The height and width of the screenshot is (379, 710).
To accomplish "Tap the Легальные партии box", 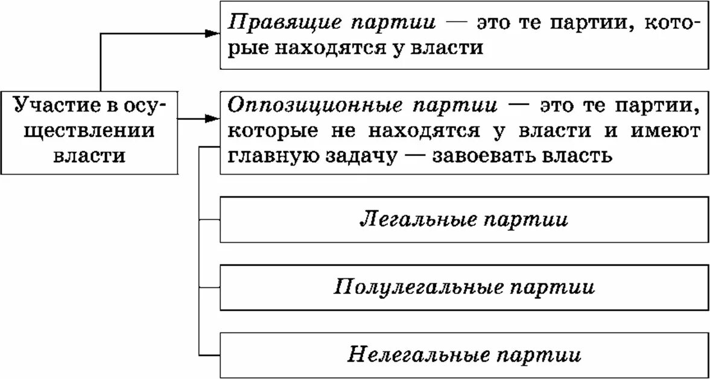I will point(463,219).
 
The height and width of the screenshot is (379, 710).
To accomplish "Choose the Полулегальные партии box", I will point(463,286).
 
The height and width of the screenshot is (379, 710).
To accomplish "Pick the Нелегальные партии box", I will point(463,354).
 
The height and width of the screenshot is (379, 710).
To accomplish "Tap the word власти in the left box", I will point(89,155).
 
